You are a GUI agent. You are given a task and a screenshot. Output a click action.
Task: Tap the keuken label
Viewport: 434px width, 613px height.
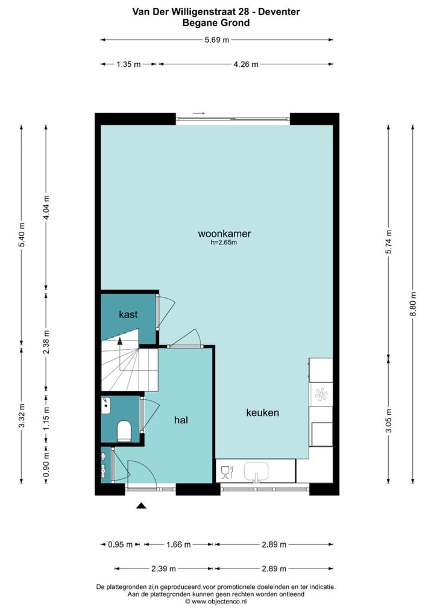262,412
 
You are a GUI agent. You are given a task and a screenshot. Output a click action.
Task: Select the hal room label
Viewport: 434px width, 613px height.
181,420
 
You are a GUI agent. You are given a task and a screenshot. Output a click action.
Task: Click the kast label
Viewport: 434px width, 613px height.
128,314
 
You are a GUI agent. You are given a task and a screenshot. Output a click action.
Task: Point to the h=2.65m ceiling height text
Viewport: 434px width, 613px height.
224,243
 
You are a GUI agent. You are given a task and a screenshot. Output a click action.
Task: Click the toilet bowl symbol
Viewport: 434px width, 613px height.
125,431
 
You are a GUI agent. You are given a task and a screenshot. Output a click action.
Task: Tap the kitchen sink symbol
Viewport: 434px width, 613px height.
259,471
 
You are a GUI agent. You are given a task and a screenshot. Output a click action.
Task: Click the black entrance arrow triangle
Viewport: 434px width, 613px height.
141,506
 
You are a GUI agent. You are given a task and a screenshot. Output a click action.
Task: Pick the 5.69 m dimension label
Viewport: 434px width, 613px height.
217,40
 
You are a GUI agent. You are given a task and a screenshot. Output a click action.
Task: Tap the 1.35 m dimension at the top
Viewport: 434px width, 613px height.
128,64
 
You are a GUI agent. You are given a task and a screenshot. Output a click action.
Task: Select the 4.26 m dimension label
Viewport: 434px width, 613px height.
246,64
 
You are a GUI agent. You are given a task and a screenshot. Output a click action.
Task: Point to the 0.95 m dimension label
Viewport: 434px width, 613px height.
121,544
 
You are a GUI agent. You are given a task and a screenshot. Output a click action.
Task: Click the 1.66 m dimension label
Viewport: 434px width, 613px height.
178,544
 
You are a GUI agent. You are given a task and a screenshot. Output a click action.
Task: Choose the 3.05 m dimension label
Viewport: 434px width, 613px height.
389,420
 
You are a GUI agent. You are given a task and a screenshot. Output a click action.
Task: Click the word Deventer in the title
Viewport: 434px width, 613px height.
278,11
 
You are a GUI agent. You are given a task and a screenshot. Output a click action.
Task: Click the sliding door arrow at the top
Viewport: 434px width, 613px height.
199,113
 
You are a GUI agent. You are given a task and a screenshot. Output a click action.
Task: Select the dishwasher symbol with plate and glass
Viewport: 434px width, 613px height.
227,471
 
